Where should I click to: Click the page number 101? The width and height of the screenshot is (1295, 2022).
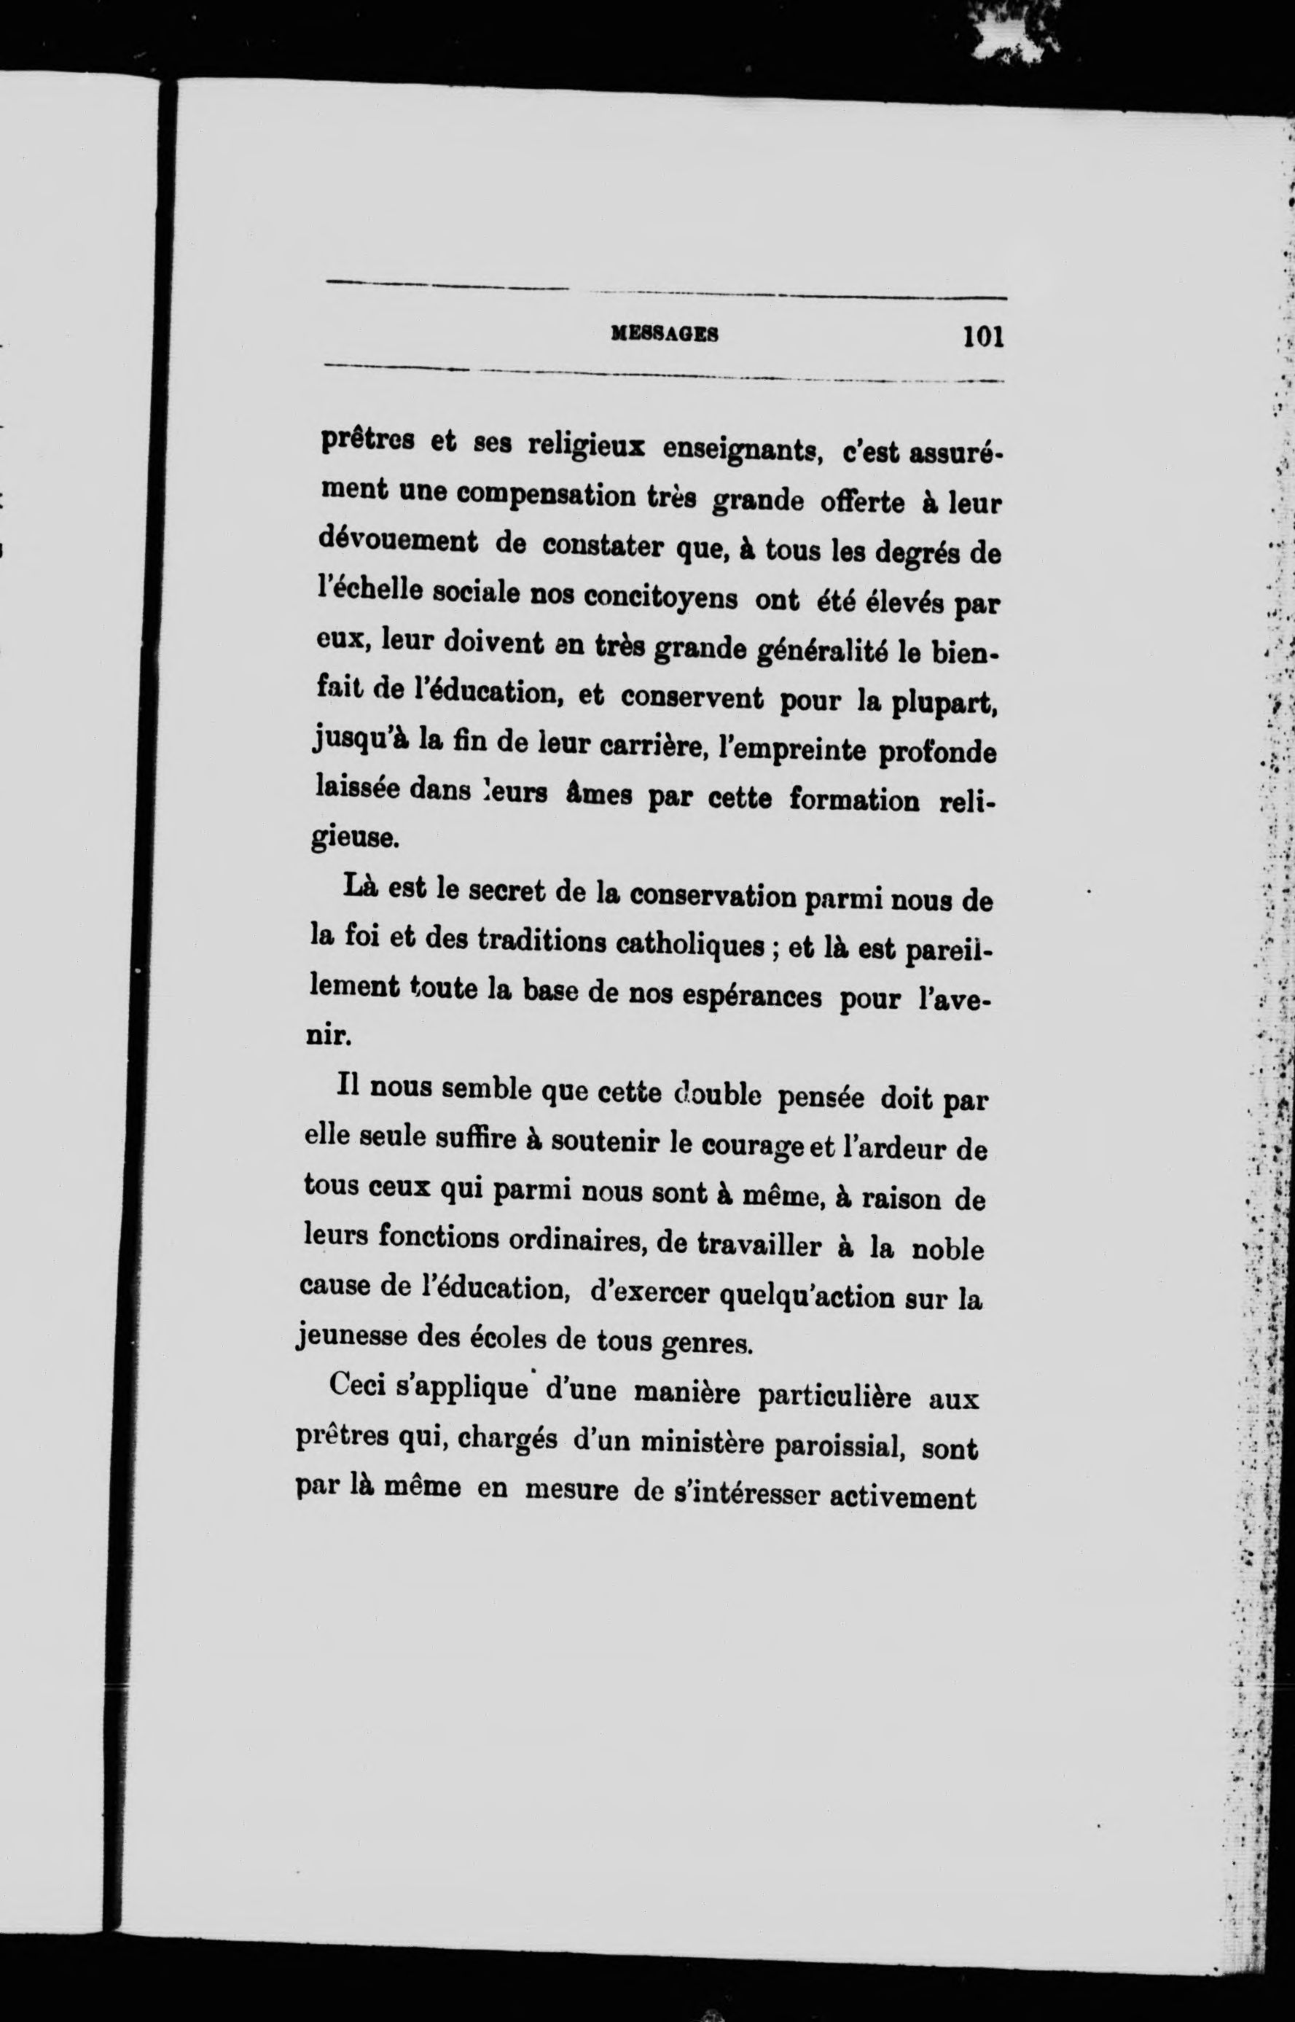pyautogui.click(x=983, y=337)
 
